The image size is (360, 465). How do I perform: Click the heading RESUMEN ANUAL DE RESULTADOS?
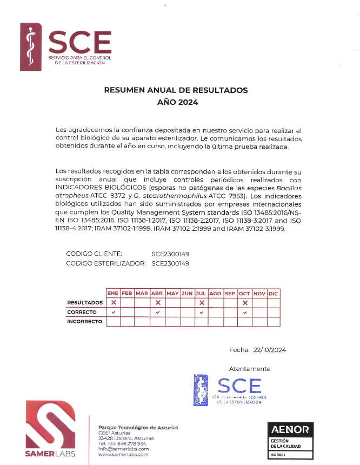[x=176, y=90]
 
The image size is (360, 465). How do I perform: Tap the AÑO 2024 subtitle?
[x=178, y=102]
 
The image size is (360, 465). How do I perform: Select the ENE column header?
[x=113, y=293]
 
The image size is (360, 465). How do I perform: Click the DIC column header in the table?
[x=273, y=293]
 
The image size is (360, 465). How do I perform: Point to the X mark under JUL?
[x=201, y=303]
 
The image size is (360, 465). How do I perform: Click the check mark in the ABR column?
[x=158, y=313]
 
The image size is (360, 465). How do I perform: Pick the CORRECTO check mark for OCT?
[x=245, y=313]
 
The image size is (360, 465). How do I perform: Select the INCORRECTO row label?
[x=84, y=322]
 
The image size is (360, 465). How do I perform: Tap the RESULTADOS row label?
[x=85, y=303]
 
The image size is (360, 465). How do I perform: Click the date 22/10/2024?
[x=270, y=350]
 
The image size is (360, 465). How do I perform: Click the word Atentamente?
[x=250, y=369]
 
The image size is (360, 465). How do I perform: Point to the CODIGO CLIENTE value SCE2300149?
[x=170, y=254]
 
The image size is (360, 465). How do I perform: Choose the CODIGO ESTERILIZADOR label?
[x=106, y=263]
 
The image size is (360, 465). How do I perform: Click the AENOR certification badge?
[x=290, y=439]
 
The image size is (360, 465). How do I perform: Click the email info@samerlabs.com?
[x=123, y=449]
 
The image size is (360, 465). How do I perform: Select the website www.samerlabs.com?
[x=123, y=454]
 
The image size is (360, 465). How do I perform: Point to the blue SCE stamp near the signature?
[x=230, y=389]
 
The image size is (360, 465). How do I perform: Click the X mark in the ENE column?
[x=114, y=303]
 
